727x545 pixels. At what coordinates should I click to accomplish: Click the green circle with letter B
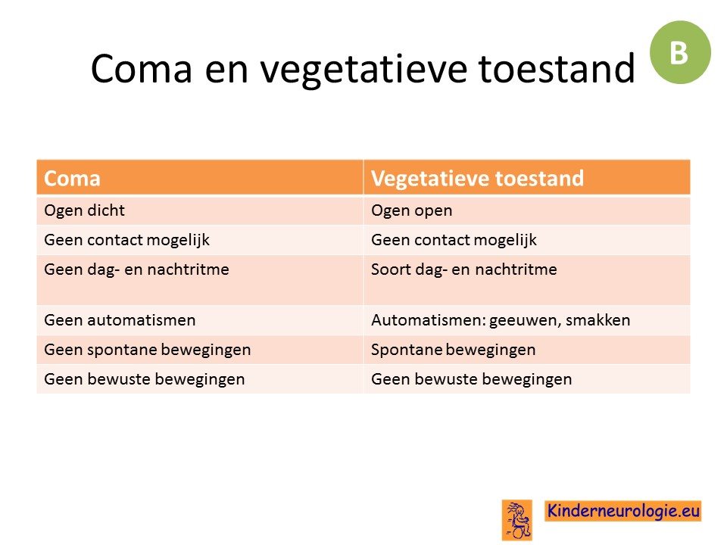[x=680, y=52]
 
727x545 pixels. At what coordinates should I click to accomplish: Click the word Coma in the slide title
[x=142, y=69]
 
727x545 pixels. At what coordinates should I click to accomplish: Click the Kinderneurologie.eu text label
[x=623, y=511]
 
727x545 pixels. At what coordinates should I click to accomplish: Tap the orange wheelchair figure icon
[x=517, y=520]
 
